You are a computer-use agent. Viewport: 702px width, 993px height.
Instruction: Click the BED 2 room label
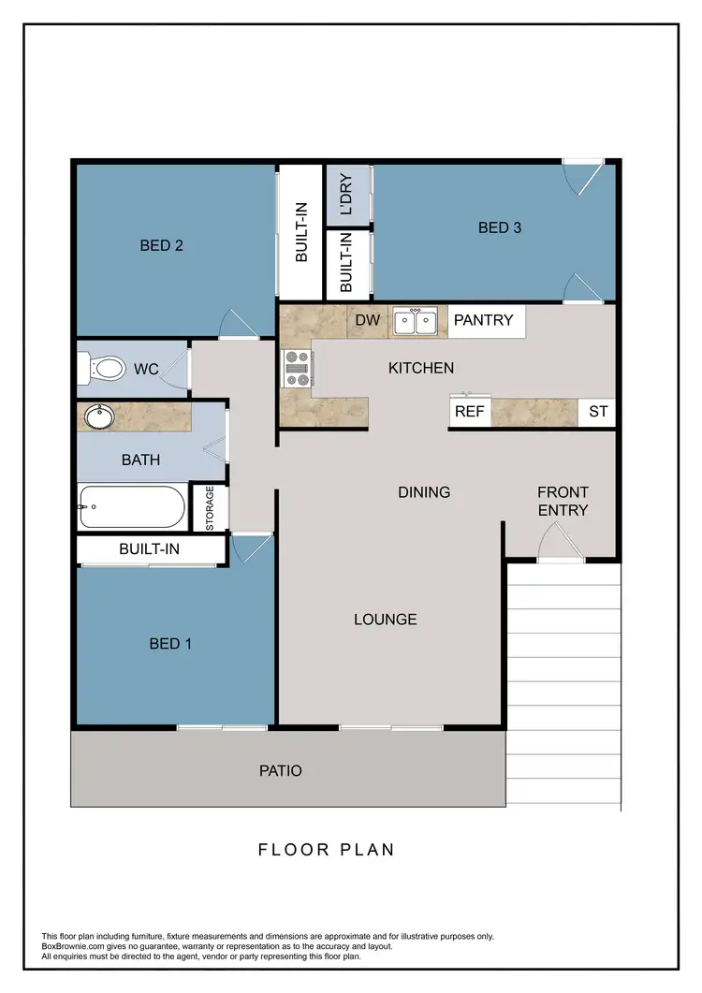[x=161, y=246]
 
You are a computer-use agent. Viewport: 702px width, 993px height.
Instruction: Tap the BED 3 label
[x=500, y=227]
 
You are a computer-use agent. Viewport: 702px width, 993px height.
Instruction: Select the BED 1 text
[x=170, y=644]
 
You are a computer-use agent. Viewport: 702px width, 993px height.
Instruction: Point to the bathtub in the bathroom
[x=131, y=508]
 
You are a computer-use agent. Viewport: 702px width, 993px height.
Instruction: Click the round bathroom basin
[x=96, y=416]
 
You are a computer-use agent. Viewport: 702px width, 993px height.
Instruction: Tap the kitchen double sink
[x=415, y=321]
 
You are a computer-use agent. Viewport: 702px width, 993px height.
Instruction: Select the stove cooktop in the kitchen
[x=297, y=368]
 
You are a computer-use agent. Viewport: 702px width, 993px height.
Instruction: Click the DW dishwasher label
[x=368, y=320]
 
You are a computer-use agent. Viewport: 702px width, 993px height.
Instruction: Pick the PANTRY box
[x=484, y=320]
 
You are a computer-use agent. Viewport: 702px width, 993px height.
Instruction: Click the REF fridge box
[x=468, y=412]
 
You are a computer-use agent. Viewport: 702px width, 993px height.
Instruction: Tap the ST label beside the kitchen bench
[x=597, y=412]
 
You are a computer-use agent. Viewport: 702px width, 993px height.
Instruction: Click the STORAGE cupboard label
[x=210, y=508]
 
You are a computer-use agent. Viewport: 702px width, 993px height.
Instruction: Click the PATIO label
[x=281, y=771]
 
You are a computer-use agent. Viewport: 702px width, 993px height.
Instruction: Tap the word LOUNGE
[x=385, y=620]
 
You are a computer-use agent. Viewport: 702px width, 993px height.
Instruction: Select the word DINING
[x=424, y=492]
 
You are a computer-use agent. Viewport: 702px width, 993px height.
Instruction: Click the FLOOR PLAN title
[x=326, y=850]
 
